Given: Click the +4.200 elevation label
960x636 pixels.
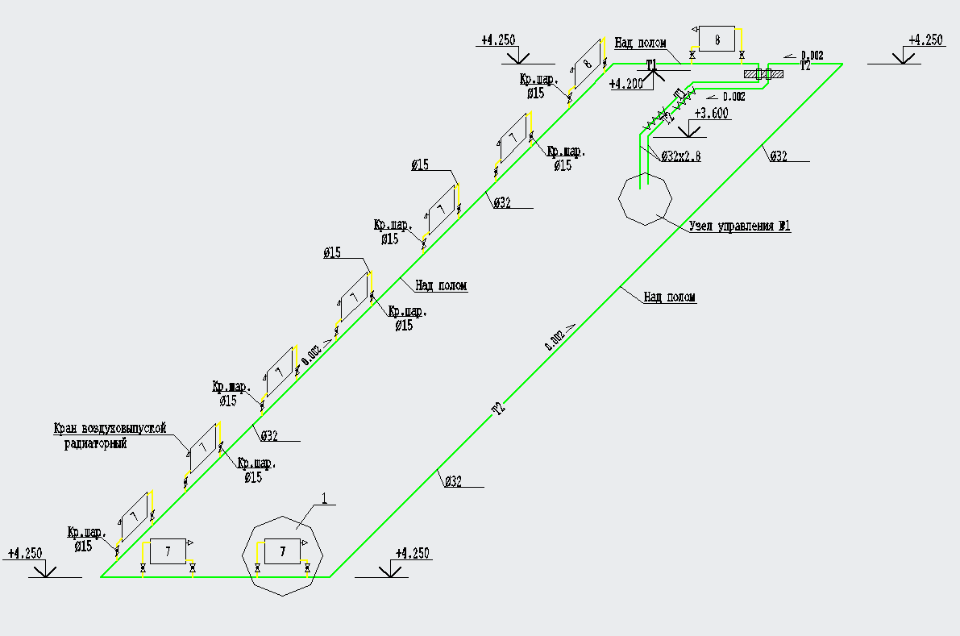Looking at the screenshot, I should (x=625, y=83).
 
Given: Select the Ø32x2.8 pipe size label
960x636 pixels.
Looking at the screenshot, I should (x=680, y=156).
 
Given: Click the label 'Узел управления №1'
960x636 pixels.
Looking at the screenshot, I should (x=739, y=227).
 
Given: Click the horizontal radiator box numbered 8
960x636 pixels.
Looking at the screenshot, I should (x=717, y=38).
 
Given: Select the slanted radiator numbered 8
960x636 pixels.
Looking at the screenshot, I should (x=588, y=64).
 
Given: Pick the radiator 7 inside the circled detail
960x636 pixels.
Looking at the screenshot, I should (x=282, y=551).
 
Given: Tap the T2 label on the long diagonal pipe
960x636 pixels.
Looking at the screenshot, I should (x=499, y=409).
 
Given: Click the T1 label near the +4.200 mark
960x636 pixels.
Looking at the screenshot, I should (x=653, y=64).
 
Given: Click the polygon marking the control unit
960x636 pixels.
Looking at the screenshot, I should (x=644, y=198).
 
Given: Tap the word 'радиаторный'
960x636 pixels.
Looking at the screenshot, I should (x=95, y=443).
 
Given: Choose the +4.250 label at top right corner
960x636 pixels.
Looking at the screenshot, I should (x=925, y=39).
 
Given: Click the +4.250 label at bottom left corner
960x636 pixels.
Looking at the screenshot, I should (x=25, y=554).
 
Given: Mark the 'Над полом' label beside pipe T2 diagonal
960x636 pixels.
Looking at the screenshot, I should (x=669, y=297).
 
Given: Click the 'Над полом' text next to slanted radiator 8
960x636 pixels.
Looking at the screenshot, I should (x=640, y=43).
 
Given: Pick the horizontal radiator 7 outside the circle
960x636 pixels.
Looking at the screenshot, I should (x=168, y=551).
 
